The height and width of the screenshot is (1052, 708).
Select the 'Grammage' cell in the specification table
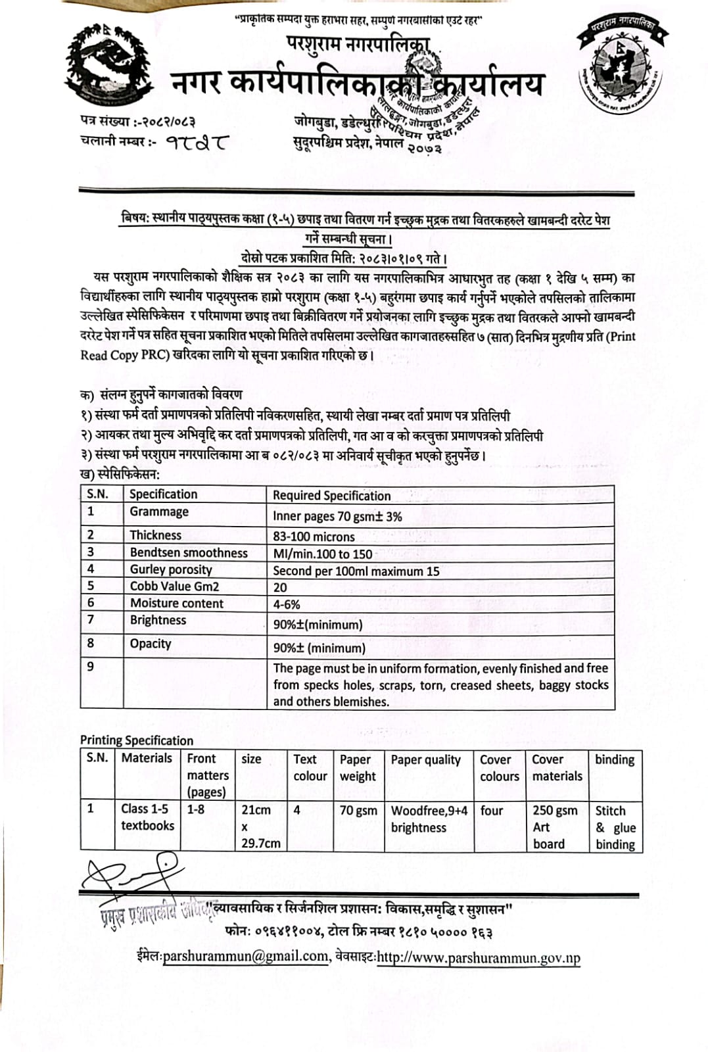pos(159,512)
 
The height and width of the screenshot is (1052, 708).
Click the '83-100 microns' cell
pos(314,537)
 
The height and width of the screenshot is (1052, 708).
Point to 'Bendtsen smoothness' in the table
pos(189,553)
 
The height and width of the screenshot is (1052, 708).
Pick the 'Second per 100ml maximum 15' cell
pos(356,571)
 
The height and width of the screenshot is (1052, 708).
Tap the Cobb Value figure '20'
pos(280,587)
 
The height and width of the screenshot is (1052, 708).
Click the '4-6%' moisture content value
pos(287,604)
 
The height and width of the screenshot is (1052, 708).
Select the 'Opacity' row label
pos(151,644)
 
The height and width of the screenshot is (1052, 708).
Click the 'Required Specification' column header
pos(331,496)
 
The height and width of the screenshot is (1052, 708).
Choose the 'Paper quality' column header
pos(426,760)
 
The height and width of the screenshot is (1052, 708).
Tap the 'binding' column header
pos(615,760)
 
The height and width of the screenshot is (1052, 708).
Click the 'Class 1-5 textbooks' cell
pos(147,817)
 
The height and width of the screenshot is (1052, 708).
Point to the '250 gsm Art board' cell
pos(555,827)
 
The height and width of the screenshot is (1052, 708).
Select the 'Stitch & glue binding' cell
pos(615,827)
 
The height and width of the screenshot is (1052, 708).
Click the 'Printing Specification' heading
pos(137,740)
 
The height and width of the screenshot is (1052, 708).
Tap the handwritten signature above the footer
pos(131,872)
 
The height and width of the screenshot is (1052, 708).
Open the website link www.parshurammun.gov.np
pos(479,958)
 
